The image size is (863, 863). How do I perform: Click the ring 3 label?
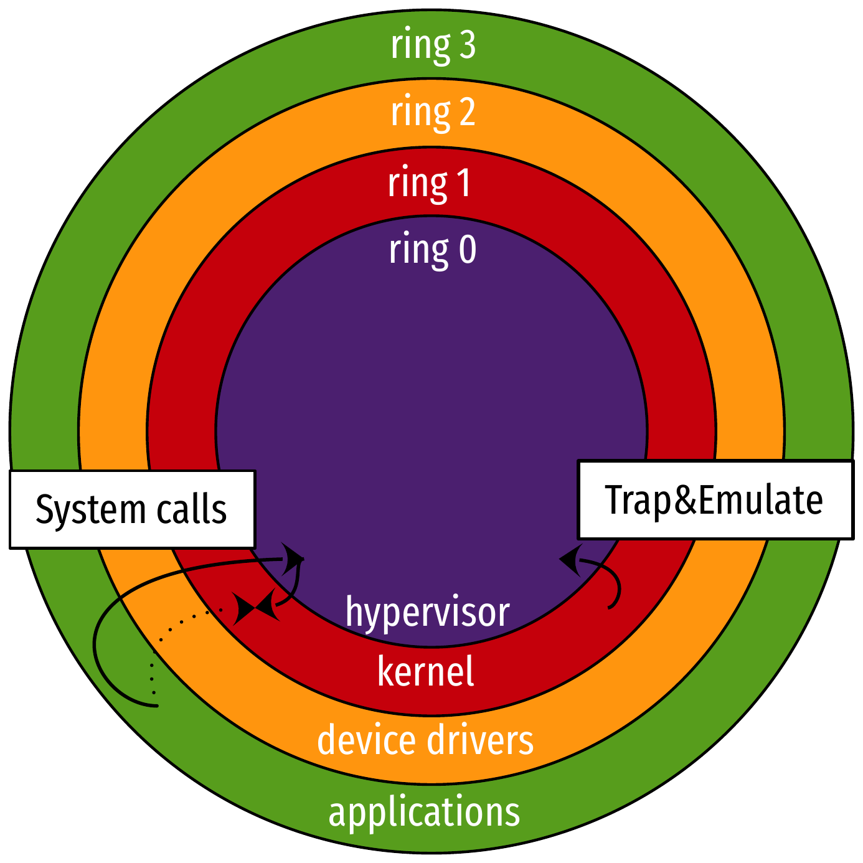[433, 45]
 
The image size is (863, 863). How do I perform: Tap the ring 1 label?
[430, 184]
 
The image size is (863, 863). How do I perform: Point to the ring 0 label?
[433, 250]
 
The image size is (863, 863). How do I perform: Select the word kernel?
[426, 672]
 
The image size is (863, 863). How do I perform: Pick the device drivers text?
[425, 741]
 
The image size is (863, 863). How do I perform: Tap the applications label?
[424, 813]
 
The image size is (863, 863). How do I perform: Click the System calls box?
[132, 509]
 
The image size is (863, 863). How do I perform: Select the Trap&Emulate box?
[715, 499]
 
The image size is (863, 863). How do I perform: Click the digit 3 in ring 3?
[466, 45]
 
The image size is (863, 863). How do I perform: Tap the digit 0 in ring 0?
[468, 250]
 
